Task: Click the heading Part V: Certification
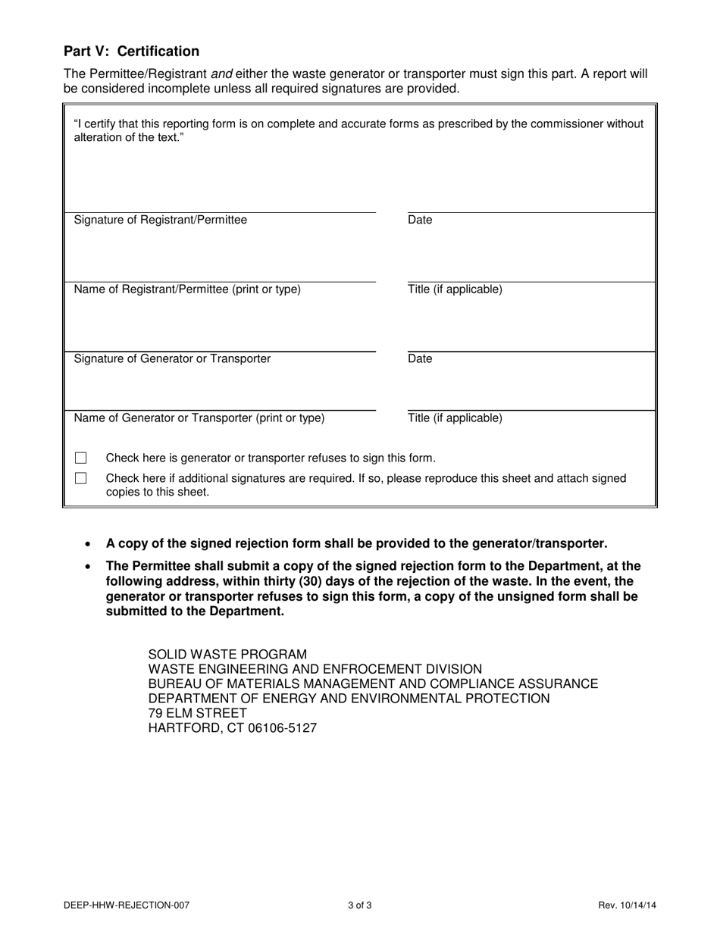coord(131,52)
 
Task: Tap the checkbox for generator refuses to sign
coord(81,458)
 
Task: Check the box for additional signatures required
coord(81,479)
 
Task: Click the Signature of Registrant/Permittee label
coord(160,220)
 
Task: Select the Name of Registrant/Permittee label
coord(186,289)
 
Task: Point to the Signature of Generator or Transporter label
coord(172,358)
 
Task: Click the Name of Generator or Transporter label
coord(199,418)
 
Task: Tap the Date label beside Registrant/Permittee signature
coord(420,220)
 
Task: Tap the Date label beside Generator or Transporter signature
coord(420,358)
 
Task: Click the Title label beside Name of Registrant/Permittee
coord(455,289)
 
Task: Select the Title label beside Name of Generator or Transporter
coord(455,418)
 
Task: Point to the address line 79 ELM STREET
coord(197,713)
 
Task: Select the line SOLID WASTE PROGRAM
coord(227,655)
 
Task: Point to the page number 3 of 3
coord(360,905)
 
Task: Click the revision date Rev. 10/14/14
coord(627,905)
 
